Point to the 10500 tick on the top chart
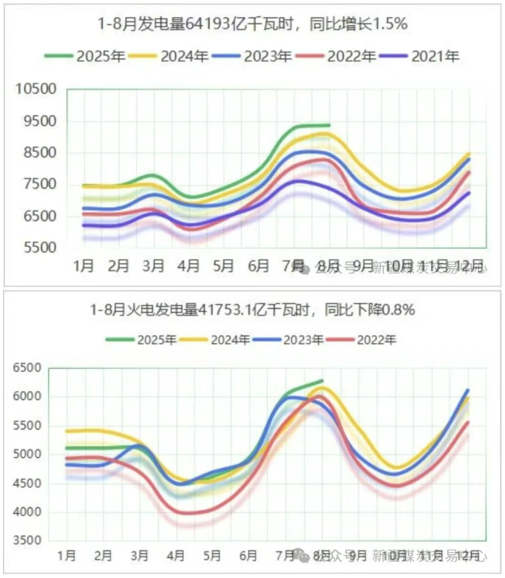pos(36,89)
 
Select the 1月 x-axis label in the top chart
pos(84,266)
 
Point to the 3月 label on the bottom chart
pos(138,554)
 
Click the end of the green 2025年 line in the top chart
pos(328,125)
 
